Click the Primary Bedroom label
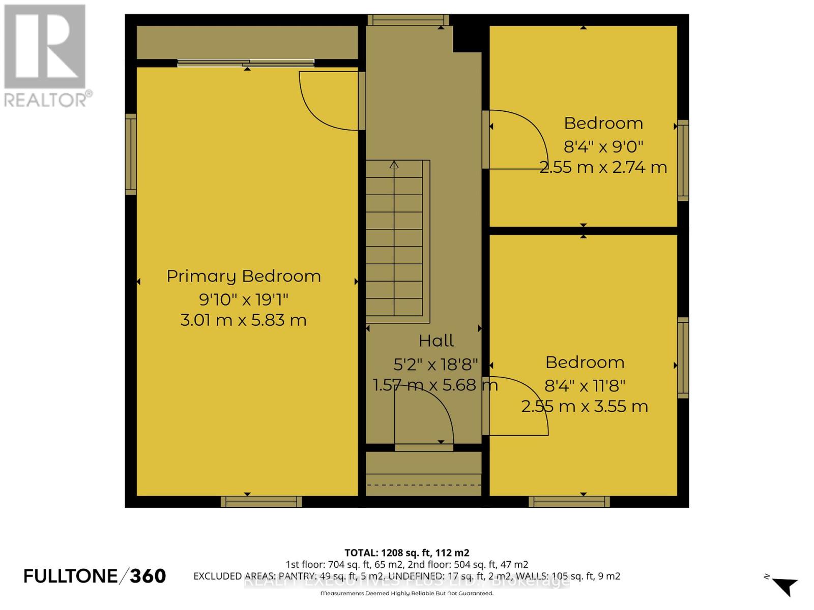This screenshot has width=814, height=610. [244, 276]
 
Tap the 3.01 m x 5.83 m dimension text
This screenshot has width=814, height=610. [244, 320]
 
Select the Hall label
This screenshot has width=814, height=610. [436, 341]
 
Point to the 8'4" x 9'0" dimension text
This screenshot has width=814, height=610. [603, 146]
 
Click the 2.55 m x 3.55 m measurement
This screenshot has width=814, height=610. [585, 407]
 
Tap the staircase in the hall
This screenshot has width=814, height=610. [395, 239]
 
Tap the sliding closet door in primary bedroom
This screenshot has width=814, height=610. [246, 63]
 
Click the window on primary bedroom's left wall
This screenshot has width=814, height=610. [131, 154]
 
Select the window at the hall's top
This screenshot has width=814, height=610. [408, 20]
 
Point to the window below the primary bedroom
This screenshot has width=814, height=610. [261, 502]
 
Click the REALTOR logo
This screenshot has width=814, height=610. [46, 56]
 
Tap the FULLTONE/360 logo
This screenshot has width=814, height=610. [95, 576]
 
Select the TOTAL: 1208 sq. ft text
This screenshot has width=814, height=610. [406, 553]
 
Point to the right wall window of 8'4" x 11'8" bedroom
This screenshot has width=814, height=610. [683, 357]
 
